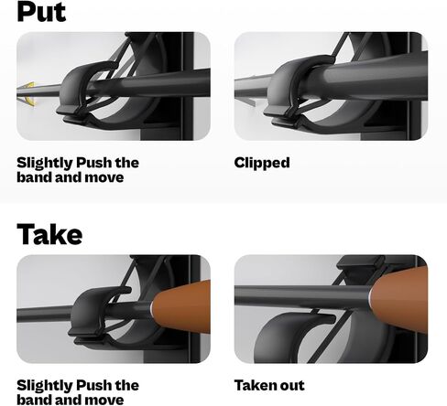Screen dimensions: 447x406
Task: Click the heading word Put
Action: (x=41, y=11)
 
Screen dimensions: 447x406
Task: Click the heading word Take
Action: (x=49, y=234)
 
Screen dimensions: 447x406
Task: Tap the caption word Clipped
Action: (x=262, y=164)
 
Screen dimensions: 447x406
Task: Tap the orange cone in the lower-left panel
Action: (x=180, y=306)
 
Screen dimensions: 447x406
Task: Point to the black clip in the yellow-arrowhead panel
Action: (x=76, y=89)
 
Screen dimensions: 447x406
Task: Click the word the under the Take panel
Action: (x=126, y=385)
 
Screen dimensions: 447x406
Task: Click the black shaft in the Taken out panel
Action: (x=302, y=295)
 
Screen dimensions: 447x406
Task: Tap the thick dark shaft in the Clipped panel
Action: (x=366, y=80)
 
